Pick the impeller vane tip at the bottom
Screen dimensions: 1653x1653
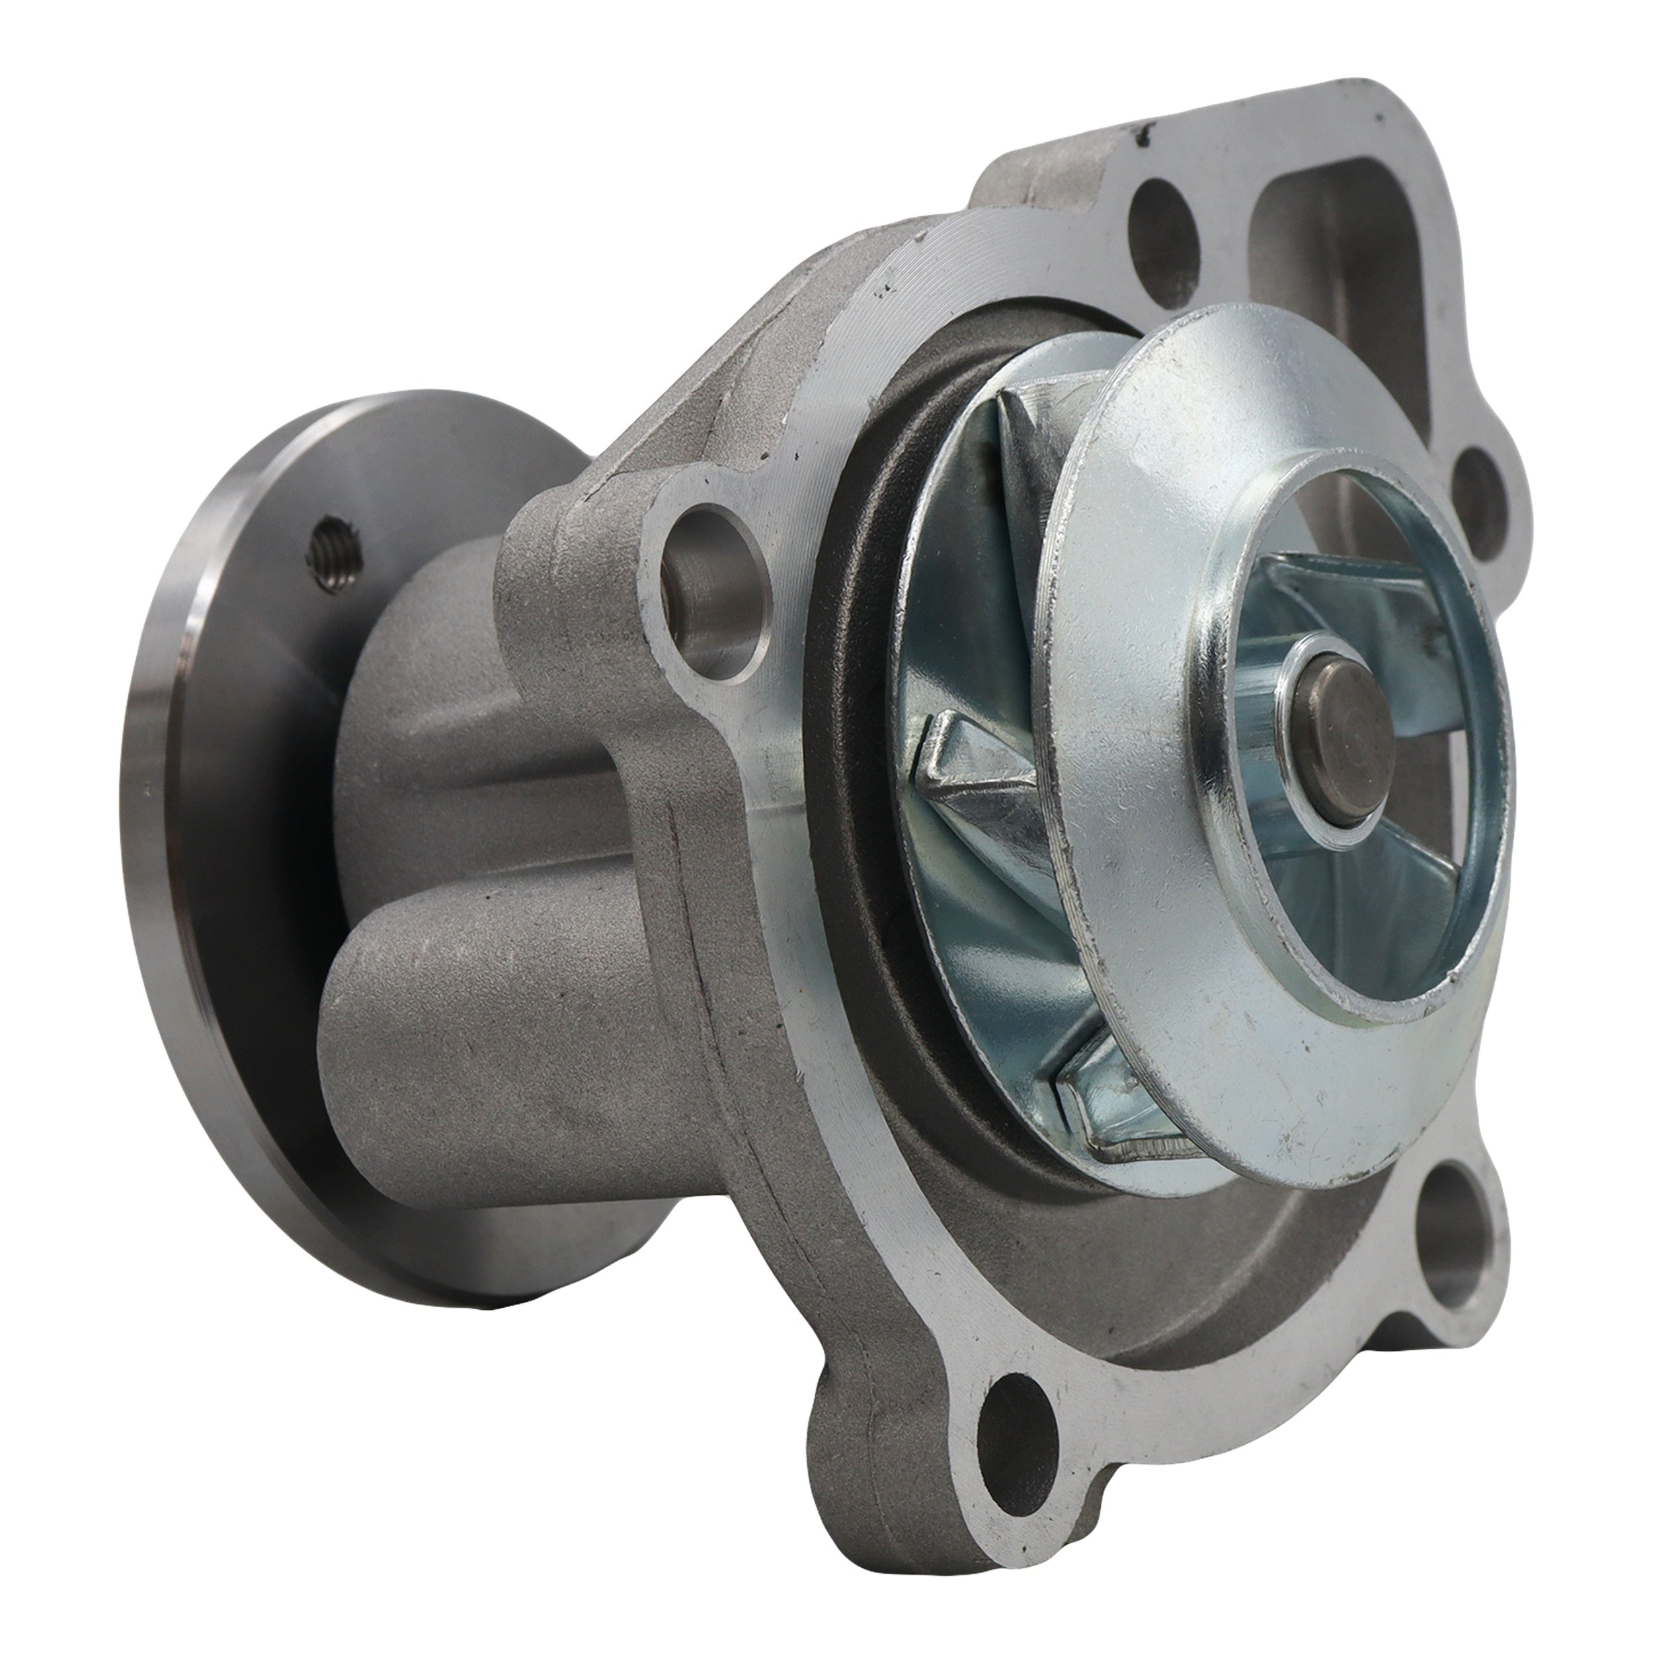tap(1104, 1104)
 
